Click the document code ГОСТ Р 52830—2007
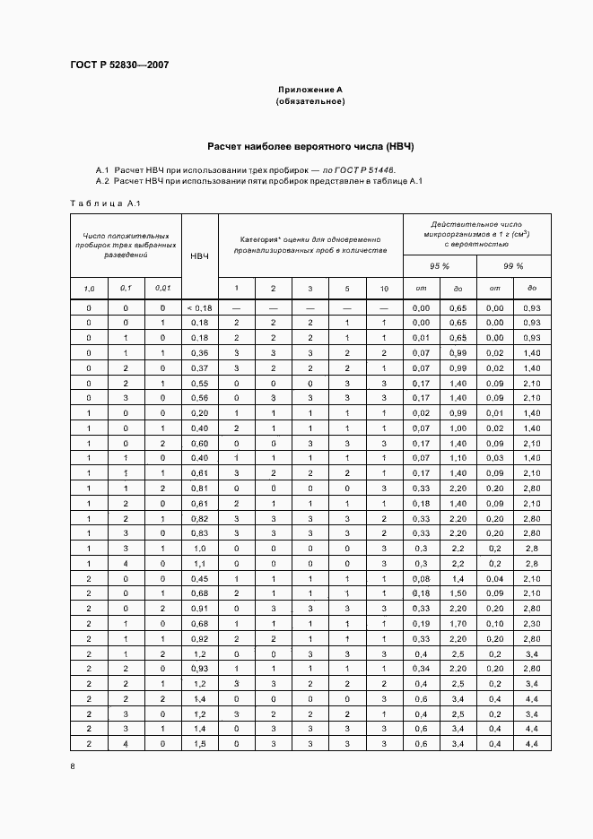pyautogui.click(x=118, y=65)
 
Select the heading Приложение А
pyautogui.click(x=310, y=91)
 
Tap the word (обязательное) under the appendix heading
pyautogui.click(x=310, y=102)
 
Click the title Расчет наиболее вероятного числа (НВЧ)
pyautogui.click(x=310, y=145)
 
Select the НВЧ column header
pyautogui.click(x=199, y=256)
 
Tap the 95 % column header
pyautogui.click(x=440, y=266)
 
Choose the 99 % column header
pyautogui.click(x=513, y=266)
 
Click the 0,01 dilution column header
pyautogui.click(x=162, y=288)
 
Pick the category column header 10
pyautogui.click(x=384, y=288)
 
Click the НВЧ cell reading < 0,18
pyautogui.click(x=199, y=307)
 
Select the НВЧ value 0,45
pyautogui.click(x=199, y=579)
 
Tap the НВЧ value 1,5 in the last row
pyautogui.click(x=199, y=744)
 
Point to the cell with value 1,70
pyautogui.click(x=457, y=622)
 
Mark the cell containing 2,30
pyautogui.click(x=531, y=622)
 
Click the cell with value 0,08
pyautogui.click(x=420, y=579)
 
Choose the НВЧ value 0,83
pyautogui.click(x=199, y=532)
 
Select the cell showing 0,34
pyautogui.click(x=420, y=669)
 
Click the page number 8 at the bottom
pyautogui.click(x=73, y=766)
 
